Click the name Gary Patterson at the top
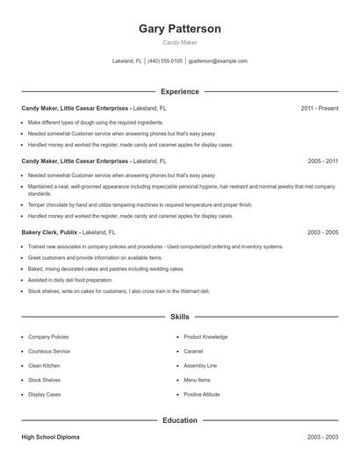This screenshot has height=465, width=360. click(x=180, y=29)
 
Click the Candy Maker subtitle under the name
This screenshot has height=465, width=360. click(x=180, y=42)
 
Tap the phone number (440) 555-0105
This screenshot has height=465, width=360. click(x=165, y=61)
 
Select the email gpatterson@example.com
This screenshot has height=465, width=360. click(x=219, y=61)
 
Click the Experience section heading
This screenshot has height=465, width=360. click(x=180, y=91)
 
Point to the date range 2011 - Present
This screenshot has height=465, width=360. click(x=319, y=108)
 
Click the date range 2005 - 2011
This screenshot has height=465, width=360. click(x=322, y=162)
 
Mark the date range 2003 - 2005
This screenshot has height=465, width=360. click(x=322, y=232)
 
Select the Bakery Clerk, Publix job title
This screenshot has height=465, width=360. click(x=50, y=232)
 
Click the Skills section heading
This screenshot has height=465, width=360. click(x=180, y=316)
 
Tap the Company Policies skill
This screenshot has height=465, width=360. click(x=48, y=337)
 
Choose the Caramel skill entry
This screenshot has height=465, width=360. click(x=193, y=351)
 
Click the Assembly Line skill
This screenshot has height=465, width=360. click(x=200, y=366)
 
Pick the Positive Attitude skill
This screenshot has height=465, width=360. click(x=202, y=395)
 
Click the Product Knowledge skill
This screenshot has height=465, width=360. click(x=205, y=337)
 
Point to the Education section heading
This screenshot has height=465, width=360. click(x=180, y=420)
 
